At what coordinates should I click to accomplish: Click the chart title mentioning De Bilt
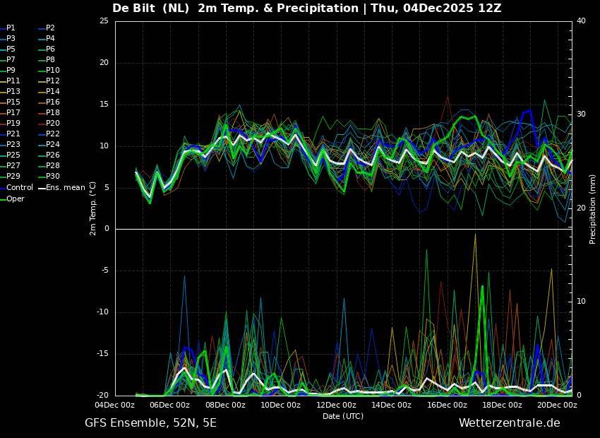[306, 8]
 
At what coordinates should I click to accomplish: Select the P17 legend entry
[13, 113]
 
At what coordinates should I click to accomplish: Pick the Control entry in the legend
[20, 188]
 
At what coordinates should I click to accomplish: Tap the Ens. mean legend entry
[66, 188]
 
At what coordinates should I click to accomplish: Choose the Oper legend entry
[16, 199]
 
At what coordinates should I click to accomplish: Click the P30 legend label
[53, 177]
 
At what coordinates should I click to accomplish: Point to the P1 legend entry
[11, 28]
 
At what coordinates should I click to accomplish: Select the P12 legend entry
[53, 81]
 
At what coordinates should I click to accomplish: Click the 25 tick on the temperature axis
[104, 21]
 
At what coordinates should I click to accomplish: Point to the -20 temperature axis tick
[102, 396]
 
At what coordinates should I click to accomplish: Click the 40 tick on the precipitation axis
[581, 21]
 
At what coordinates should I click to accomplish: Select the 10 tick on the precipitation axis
[581, 302]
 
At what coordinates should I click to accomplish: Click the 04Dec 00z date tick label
[115, 406]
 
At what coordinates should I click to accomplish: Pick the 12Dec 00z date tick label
[336, 406]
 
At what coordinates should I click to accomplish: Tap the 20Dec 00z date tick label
[557, 406]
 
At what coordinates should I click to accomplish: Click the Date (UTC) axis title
[343, 416]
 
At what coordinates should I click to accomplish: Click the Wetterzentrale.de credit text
[509, 423]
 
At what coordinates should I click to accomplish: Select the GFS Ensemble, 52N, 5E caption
[150, 423]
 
